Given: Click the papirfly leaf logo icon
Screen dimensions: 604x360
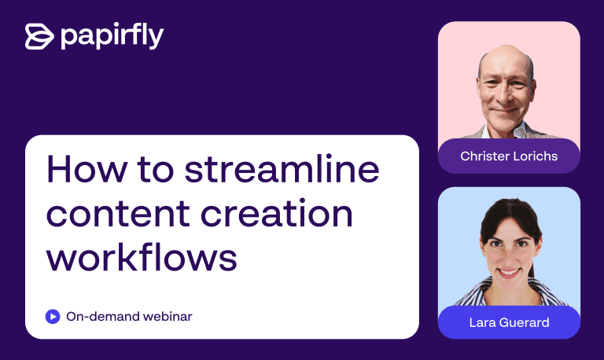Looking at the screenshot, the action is pyautogui.click(x=39, y=37).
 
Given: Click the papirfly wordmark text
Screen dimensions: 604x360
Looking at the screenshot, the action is pyautogui.click(x=112, y=36).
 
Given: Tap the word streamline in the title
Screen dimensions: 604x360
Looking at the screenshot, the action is pyautogui.click(x=282, y=170).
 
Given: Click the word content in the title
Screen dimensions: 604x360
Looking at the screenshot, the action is pyautogui.click(x=118, y=214).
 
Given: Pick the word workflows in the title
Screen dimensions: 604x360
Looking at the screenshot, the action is pyautogui.click(x=142, y=257).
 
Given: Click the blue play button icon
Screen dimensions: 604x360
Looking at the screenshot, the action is pyautogui.click(x=53, y=317).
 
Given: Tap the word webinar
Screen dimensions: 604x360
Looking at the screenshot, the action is pyautogui.click(x=168, y=317).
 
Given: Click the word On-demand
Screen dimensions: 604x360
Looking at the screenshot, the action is pyautogui.click(x=103, y=317).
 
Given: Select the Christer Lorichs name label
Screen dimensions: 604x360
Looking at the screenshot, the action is pyautogui.click(x=509, y=156).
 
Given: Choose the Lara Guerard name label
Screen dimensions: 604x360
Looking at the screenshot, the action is pyautogui.click(x=509, y=322).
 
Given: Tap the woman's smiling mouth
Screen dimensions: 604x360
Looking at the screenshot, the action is pyautogui.click(x=509, y=273).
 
